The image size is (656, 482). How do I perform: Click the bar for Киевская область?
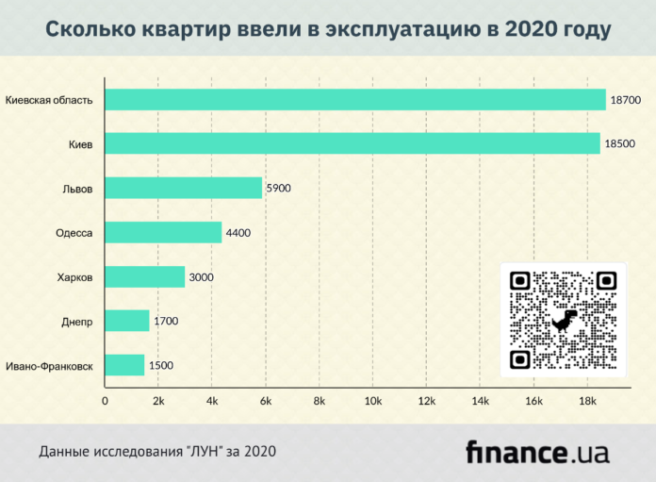(355, 99)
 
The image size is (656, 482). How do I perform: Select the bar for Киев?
(353, 143)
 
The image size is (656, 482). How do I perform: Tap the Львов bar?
(184, 188)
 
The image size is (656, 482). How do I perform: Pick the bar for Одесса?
(163, 232)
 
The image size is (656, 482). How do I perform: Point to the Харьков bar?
(144, 276)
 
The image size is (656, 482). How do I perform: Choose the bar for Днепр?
(127, 321)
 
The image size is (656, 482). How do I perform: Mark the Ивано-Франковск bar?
(124, 365)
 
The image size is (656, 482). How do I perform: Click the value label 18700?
(626, 99)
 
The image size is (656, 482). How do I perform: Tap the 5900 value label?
(279, 188)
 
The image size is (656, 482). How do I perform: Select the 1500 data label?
(161, 365)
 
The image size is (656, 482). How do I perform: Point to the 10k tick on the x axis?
(372, 402)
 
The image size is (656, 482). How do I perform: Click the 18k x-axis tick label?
(587, 402)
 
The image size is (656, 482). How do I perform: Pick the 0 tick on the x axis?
(105, 402)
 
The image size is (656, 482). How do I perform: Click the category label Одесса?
(74, 232)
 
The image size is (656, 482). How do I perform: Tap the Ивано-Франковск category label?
(49, 365)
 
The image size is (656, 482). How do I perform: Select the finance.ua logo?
(537, 452)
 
